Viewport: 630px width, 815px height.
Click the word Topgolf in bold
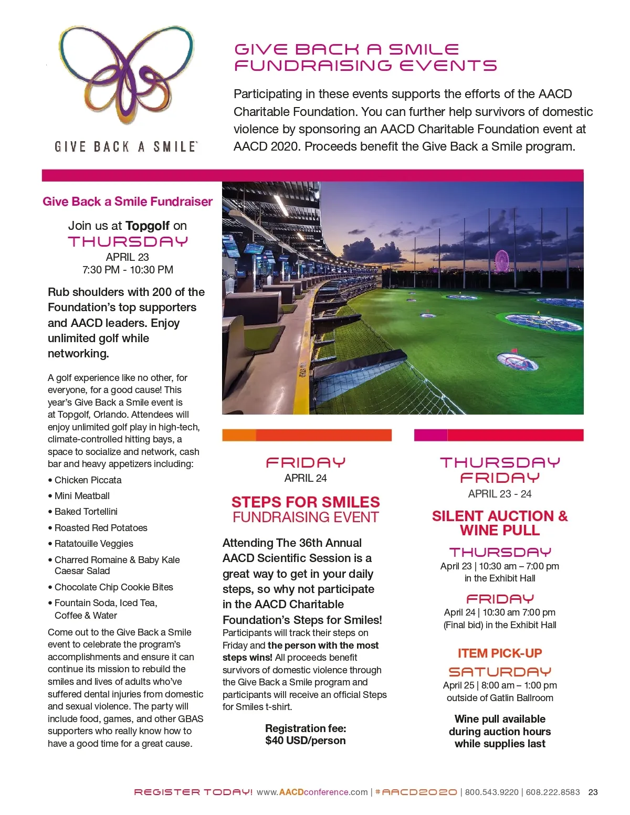click(x=148, y=226)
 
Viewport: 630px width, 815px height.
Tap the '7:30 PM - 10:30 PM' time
click(x=128, y=270)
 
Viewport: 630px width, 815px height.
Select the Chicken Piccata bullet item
click(x=88, y=480)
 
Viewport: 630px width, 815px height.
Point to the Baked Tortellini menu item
click(x=86, y=512)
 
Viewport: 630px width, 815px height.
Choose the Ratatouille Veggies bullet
click(x=93, y=544)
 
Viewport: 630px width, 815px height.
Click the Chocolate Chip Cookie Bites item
click(x=113, y=587)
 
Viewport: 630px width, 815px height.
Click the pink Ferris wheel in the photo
click(x=502, y=261)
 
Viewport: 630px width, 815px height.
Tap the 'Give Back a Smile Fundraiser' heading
click(x=128, y=202)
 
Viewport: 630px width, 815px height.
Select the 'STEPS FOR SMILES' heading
click(x=306, y=502)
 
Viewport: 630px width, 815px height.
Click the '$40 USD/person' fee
click(x=306, y=740)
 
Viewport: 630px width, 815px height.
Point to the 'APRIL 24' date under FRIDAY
click(x=306, y=478)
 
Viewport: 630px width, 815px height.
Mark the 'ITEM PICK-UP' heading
click(x=500, y=653)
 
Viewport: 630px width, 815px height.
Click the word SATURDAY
click(x=500, y=672)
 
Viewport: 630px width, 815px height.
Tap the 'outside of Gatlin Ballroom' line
click(x=500, y=698)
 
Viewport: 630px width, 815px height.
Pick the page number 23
click(x=593, y=792)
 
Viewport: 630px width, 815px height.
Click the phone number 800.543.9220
click(x=491, y=792)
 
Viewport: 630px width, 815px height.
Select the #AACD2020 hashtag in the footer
click(x=416, y=792)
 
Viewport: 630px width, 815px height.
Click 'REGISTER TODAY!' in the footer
click(x=193, y=792)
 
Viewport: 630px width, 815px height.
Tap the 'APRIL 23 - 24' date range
click(x=500, y=494)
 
